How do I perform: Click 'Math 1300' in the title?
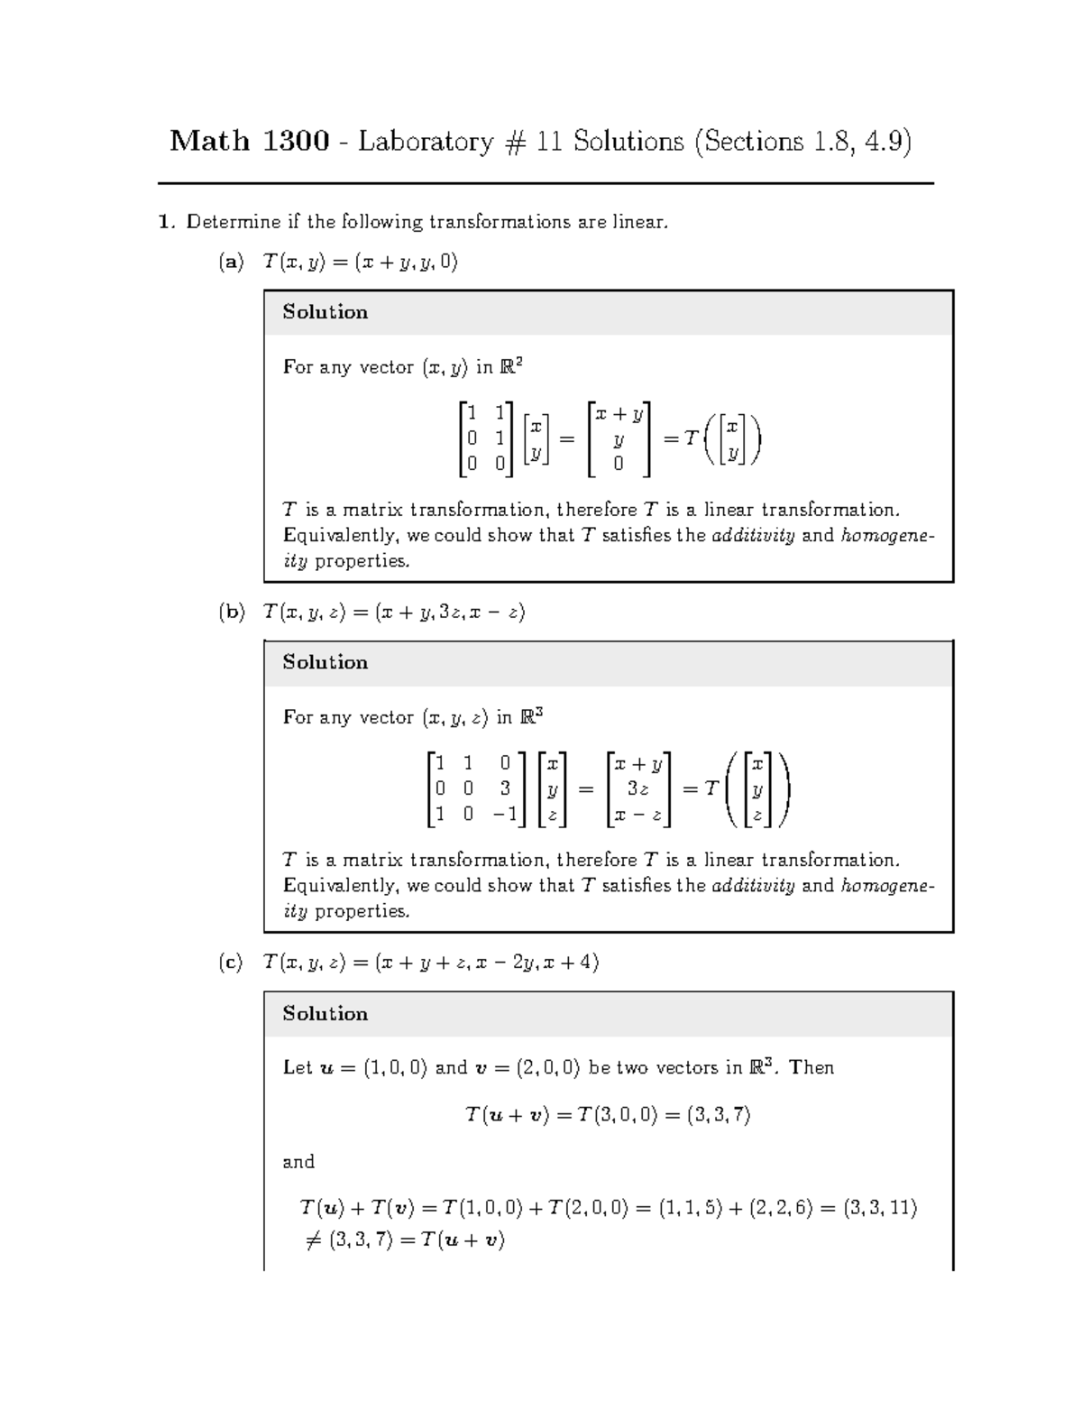(x=249, y=142)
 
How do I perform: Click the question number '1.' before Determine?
(x=165, y=222)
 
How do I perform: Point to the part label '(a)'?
(x=231, y=263)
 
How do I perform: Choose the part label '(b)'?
(x=231, y=613)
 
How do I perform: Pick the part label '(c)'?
(x=231, y=963)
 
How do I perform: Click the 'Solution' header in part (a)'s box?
(x=326, y=312)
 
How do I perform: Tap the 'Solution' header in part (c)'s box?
(x=326, y=1013)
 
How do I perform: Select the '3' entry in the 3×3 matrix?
(x=506, y=788)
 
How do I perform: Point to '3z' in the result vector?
(x=638, y=788)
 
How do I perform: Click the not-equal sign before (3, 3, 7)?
(x=313, y=1240)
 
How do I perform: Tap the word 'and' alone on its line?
(x=298, y=1162)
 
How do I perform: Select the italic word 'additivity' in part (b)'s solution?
(x=753, y=886)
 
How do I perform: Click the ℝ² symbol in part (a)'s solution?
(x=512, y=366)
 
